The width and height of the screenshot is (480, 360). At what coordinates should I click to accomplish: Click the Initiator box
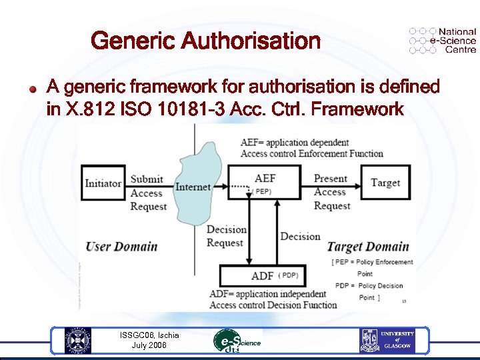[103, 183]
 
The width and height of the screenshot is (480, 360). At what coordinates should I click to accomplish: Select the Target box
[385, 183]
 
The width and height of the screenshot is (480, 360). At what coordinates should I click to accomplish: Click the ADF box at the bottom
[263, 275]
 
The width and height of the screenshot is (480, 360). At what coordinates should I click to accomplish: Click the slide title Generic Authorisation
[205, 41]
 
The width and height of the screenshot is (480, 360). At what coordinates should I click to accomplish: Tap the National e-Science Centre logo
[442, 41]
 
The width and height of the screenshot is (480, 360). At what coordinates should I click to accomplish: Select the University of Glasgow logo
[388, 341]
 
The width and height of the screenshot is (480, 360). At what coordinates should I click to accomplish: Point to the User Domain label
[121, 247]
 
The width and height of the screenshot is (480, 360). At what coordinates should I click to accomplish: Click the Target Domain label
[363, 247]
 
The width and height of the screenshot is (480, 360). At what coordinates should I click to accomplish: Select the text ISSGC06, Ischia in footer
[149, 335]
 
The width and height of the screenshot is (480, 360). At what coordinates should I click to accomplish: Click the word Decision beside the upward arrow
[300, 236]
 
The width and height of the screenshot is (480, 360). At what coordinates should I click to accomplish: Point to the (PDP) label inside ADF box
[288, 275]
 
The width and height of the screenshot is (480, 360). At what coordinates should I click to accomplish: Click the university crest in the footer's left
[78, 341]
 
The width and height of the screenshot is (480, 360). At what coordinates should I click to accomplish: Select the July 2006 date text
[149, 345]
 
